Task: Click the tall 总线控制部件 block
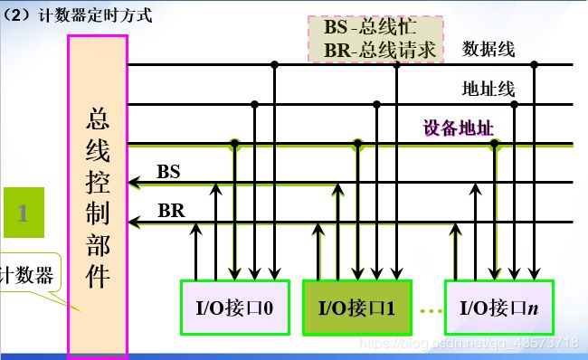point(98,194)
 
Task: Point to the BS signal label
point(168,171)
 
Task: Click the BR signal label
point(170,211)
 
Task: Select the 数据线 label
point(488,49)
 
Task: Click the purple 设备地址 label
point(459,127)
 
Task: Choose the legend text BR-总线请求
point(381,50)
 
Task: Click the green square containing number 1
point(24,213)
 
